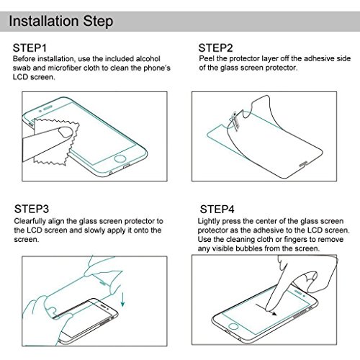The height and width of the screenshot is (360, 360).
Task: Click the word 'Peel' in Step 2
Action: coord(207,58)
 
